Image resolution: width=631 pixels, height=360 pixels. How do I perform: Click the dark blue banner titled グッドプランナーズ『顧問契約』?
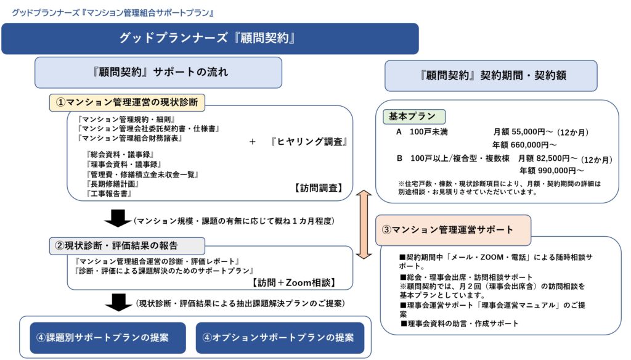(210, 38)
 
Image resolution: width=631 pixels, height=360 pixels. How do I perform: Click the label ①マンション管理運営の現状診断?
(128, 102)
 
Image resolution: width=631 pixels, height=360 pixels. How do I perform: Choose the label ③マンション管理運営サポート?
(448, 230)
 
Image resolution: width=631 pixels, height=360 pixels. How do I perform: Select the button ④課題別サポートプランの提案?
(102, 338)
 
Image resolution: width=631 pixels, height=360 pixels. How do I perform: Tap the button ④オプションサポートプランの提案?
(279, 338)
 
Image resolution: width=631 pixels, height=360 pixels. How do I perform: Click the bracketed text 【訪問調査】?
(317, 188)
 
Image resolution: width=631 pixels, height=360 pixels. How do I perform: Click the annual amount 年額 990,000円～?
(552, 170)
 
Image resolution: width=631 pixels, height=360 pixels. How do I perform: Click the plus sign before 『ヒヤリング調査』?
(253, 142)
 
